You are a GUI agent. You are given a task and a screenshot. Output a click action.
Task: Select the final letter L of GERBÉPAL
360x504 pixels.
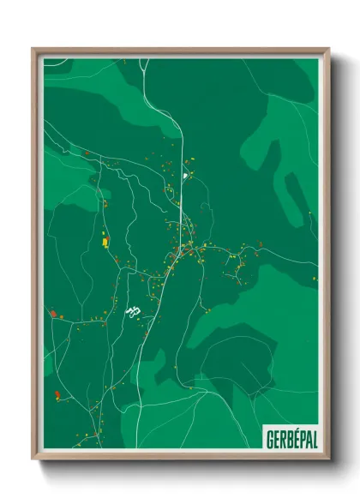pos(314,439)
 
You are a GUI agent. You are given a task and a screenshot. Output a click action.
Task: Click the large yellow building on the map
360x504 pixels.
pos(106,242)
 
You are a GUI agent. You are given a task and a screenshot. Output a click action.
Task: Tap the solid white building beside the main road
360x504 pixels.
pos(183,177)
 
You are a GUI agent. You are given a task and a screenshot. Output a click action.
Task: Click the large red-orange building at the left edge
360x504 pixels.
pos(52,314)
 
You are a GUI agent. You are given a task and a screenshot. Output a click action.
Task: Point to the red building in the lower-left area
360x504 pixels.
pos(57,394)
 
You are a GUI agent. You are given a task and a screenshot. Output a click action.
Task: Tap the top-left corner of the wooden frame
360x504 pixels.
pos(34,50)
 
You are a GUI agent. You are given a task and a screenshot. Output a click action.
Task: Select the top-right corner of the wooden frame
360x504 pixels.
pos(327,50)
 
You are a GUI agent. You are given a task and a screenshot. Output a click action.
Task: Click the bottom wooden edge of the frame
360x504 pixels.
pos(180,457)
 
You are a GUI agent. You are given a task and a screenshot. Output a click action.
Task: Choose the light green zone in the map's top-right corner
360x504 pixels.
pos(296,129)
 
